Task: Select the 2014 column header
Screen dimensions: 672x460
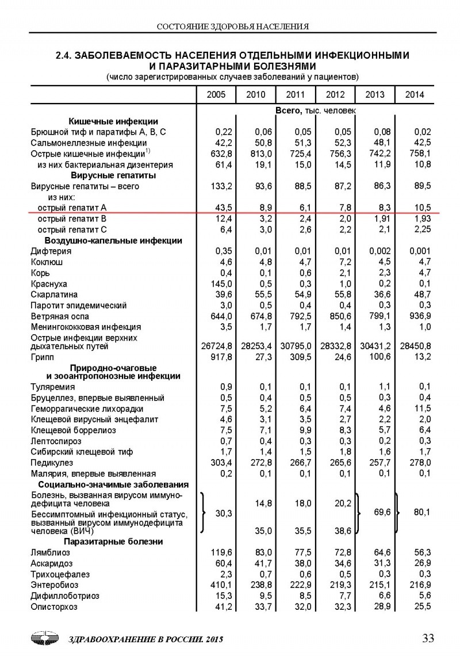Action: [x=414, y=94]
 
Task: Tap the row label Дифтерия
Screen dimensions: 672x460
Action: [x=51, y=251]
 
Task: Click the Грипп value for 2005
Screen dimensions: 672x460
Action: [x=220, y=357]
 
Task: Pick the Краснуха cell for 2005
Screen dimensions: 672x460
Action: [x=220, y=284]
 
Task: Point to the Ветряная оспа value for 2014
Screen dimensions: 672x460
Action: [x=418, y=316]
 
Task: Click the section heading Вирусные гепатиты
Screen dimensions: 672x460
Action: [x=113, y=175]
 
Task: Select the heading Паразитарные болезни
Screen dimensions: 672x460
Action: [x=113, y=541]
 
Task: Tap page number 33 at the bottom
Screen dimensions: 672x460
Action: [x=428, y=638]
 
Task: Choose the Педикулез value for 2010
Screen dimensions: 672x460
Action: [x=260, y=463]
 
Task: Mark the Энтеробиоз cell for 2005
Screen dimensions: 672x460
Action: [x=220, y=585]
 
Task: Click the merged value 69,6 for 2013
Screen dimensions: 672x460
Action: [x=382, y=511]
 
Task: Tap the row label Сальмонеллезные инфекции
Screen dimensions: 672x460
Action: [x=80, y=143]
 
